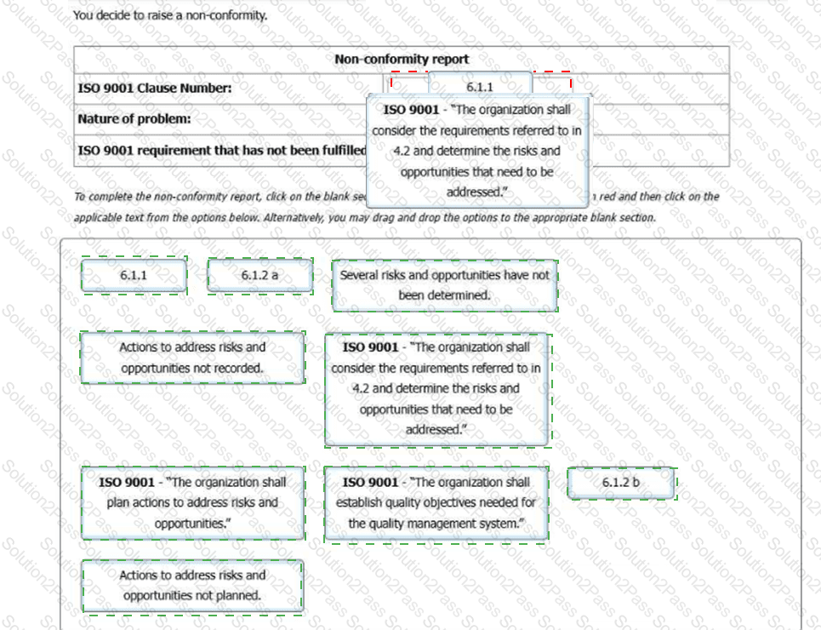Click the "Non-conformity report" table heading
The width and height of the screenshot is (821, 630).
(401, 60)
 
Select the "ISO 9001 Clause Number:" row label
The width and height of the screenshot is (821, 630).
(154, 88)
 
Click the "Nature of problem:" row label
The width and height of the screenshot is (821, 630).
(134, 119)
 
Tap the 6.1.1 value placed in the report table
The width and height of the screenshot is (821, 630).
(480, 87)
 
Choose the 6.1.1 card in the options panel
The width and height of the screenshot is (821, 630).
(134, 276)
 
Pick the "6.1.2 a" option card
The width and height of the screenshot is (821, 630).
(259, 276)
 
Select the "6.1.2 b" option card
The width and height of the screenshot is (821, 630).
(621, 483)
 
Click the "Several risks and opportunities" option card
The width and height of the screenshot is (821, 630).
(444, 285)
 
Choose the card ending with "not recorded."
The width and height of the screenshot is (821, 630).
(192, 358)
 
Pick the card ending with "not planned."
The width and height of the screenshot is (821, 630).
(192, 585)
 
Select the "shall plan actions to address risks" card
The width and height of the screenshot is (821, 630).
(192, 502)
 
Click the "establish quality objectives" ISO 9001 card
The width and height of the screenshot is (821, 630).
(436, 502)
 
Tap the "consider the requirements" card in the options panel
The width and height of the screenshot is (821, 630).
(436, 388)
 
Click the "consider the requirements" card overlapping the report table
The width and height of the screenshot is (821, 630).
(476, 151)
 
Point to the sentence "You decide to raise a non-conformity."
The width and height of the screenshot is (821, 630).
(170, 15)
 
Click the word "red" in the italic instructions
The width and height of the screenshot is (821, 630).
(607, 197)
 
